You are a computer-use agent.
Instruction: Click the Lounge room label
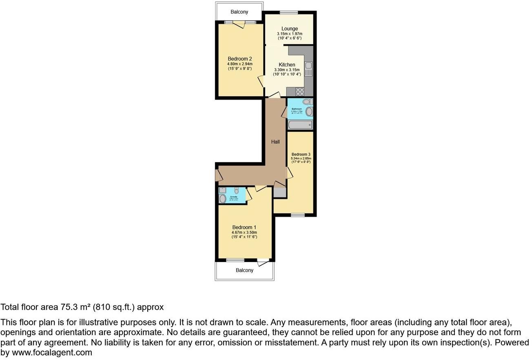(x=289, y=29)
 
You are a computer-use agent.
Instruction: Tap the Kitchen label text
(x=287, y=64)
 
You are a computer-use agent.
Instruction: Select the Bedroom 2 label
(x=239, y=59)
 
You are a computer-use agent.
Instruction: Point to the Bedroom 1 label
(x=244, y=227)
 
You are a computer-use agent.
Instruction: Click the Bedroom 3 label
(x=301, y=154)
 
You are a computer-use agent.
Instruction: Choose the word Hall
(x=276, y=142)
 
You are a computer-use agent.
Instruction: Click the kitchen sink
(x=308, y=65)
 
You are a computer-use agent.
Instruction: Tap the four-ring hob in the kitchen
(x=300, y=91)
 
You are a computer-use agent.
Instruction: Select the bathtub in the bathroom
(x=300, y=125)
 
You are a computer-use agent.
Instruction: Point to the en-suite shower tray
(x=222, y=190)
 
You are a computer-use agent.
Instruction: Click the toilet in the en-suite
(x=237, y=190)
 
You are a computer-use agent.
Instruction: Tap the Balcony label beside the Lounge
(x=239, y=12)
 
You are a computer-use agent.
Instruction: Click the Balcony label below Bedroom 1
(x=244, y=270)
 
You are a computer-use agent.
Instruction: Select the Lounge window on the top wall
(x=289, y=12)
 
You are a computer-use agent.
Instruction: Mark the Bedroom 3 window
(x=297, y=215)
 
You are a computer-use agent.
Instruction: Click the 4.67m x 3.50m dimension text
(x=244, y=233)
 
